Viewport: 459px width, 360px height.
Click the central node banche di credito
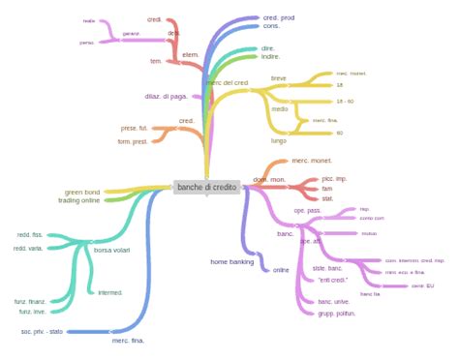pos(206,187)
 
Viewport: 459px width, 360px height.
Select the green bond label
pos(82,192)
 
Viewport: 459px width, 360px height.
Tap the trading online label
pos(78,200)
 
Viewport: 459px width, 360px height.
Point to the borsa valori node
pos(112,250)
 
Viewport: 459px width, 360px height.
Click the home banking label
pos(231,261)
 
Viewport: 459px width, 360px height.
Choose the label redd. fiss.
pos(30,235)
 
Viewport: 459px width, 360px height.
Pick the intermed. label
pos(109,291)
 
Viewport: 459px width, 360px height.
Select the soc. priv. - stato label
pos(42,331)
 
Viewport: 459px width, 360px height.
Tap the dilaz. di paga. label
pos(166,96)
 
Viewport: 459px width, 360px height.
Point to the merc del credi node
pos(228,83)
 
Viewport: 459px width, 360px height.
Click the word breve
pos(279,77)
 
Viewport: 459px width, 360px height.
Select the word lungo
pos(279,140)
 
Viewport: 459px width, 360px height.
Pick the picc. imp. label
pos(333,178)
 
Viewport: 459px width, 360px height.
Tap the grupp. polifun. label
pos(336,314)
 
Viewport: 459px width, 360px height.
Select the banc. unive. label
pos(333,302)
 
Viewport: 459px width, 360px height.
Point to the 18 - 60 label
pos(346,101)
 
